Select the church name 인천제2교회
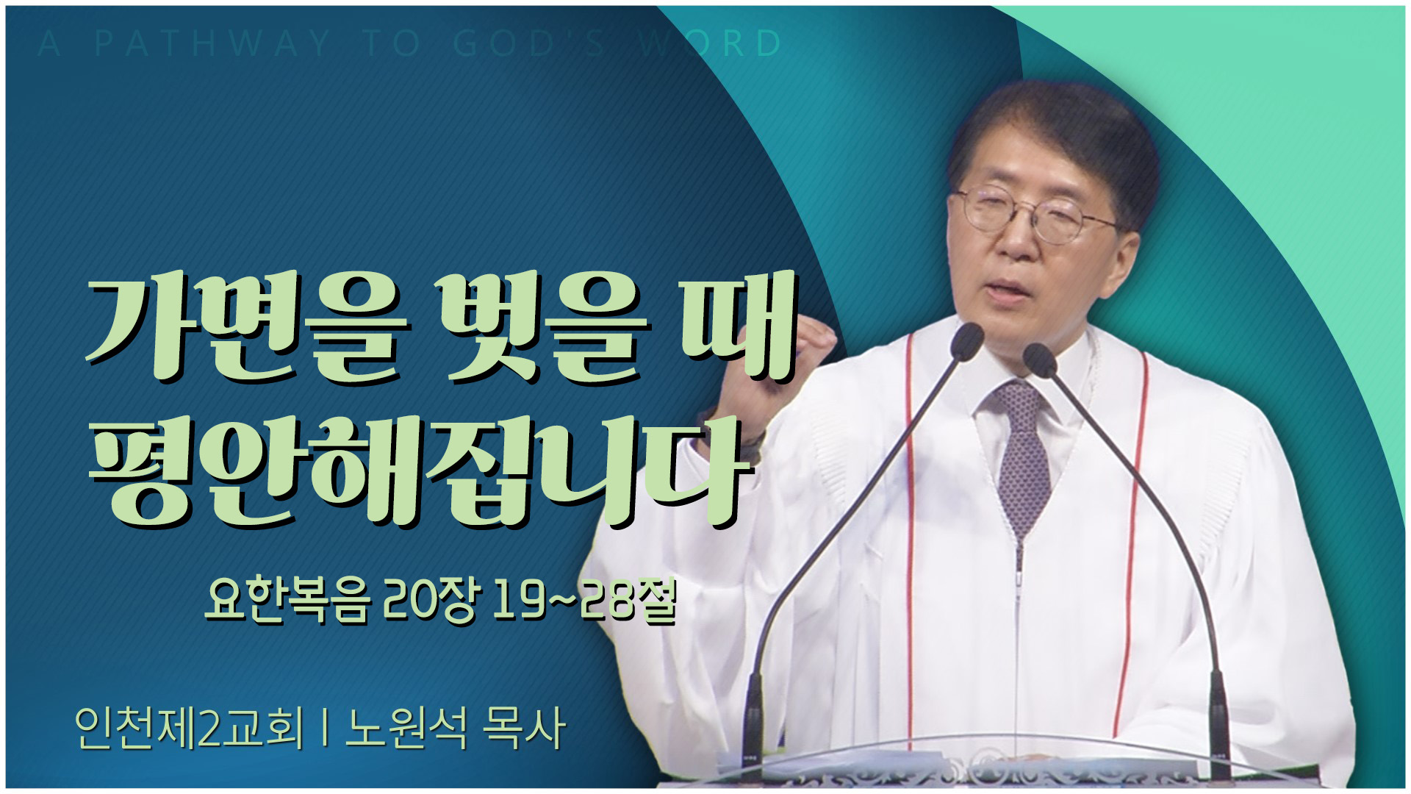pyautogui.click(x=189, y=728)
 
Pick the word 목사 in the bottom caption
pyautogui.click(x=524, y=728)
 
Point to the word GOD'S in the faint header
pyautogui.click(x=529, y=44)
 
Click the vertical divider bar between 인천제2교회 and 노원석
pyautogui.click(x=324, y=729)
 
